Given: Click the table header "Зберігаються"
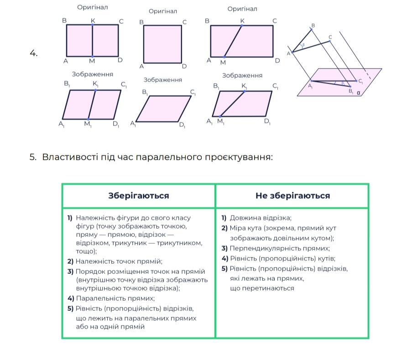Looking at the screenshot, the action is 138,196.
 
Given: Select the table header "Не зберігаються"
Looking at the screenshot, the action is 292,196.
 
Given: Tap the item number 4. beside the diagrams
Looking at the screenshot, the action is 34,53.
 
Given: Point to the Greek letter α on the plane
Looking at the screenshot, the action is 358,93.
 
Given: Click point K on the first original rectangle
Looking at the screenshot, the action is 93,25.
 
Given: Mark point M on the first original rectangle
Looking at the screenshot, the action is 93,57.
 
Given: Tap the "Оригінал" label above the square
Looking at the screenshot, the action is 163,11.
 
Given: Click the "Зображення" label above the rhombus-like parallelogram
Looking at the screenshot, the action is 163,80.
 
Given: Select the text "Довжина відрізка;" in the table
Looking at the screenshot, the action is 261,218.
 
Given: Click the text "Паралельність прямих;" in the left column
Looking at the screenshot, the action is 115,298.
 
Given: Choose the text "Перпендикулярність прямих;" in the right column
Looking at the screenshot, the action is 280,249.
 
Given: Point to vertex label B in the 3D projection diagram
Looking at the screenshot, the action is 313,26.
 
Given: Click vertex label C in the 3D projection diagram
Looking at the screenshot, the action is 330,37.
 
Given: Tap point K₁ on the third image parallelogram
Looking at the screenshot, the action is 244,91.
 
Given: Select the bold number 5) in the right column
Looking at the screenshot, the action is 224,269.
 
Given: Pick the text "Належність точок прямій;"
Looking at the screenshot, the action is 119,261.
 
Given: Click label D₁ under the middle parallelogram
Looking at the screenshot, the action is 182,125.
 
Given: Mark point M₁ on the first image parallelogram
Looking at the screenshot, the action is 89,119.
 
